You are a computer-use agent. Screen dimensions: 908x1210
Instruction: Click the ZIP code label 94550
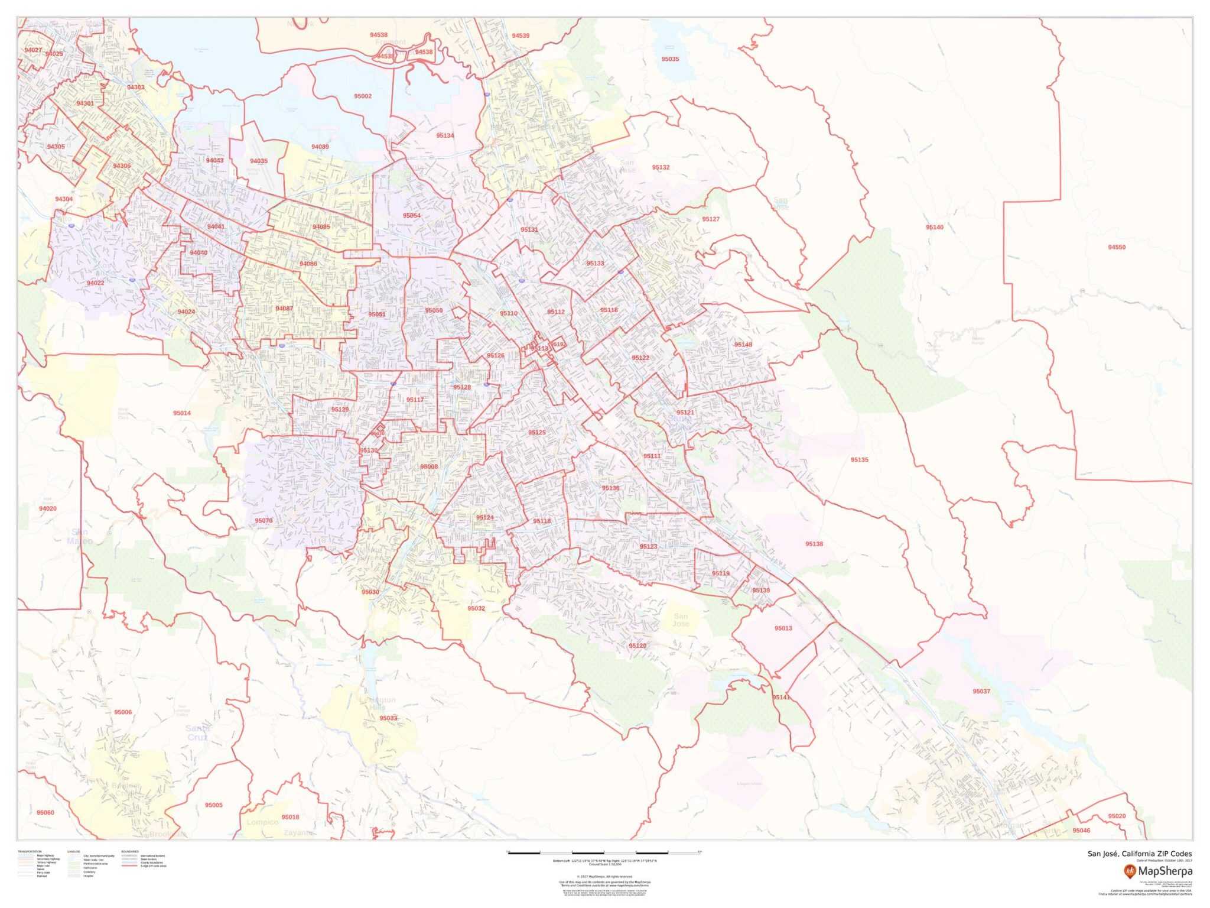[x=1117, y=248]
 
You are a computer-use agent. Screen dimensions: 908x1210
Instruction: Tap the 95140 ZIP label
[x=935, y=228]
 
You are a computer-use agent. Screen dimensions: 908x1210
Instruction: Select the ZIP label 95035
[x=670, y=59]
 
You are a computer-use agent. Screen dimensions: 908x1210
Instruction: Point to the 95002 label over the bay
[x=363, y=96]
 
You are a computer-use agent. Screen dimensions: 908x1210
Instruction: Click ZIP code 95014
[x=182, y=413]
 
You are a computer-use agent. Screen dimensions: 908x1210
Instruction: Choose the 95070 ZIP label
[x=264, y=521]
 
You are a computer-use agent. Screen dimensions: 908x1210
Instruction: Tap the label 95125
[x=537, y=433]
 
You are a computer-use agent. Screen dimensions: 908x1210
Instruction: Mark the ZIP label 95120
[x=637, y=646]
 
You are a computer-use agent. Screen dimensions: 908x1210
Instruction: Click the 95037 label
[x=981, y=691]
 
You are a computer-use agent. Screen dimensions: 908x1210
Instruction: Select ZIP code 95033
[x=388, y=718]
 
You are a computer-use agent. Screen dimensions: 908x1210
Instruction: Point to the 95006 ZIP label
[x=123, y=712]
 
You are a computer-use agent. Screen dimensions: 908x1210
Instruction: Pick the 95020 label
[x=1117, y=816]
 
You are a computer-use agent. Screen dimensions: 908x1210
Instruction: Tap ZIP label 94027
[x=33, y=50]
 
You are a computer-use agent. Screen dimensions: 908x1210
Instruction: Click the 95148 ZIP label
[x=743, y=345]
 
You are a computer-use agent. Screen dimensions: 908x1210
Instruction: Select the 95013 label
[x=783, y=628]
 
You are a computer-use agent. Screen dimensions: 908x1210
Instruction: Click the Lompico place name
[x=262, y=822]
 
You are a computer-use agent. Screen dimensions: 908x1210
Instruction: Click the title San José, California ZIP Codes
[x=1140, y=854]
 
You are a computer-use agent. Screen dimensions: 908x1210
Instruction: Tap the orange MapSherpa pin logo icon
[x=1130, y=871]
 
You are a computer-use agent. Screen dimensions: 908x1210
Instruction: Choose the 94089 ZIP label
[x=320, y=147]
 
